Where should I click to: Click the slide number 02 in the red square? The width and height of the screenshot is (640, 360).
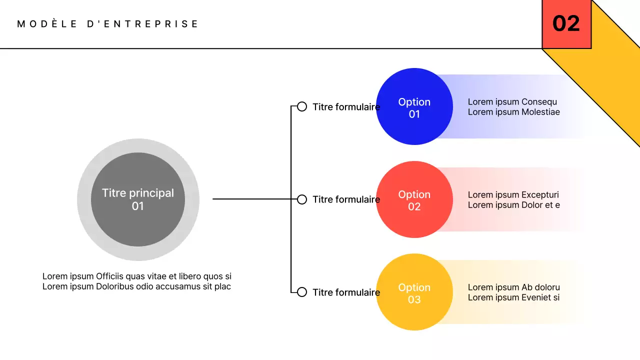coord(566,23)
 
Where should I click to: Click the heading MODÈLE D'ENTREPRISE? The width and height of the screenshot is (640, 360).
coord(108,24)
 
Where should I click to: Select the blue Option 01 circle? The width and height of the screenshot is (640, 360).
coord(414,107)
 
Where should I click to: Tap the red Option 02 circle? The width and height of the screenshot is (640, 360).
coord(414,199)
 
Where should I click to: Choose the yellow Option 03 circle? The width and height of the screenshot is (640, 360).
coord(414,292)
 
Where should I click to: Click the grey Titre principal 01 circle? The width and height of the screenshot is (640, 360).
coord(138,199)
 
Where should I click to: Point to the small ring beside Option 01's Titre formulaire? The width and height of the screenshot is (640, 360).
coord(302,106)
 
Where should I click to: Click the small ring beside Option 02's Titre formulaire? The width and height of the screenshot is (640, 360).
coord(302,199)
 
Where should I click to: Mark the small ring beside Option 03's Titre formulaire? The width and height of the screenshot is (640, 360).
coord(302,292)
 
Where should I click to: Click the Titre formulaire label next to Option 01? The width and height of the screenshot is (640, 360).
coord(346,107)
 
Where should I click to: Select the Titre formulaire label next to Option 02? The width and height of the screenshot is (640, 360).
coord(346,199)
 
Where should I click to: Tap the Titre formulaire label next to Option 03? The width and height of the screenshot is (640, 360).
coord(346,292)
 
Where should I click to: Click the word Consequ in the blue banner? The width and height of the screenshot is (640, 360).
coord(539,102)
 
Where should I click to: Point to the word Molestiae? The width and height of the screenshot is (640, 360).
coord(540,112)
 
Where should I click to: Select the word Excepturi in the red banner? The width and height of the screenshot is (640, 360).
coord(540,195)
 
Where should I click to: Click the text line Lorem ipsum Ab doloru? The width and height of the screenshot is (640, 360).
coord(513,287)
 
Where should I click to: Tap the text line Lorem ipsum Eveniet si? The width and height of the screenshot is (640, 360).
coord(513,297)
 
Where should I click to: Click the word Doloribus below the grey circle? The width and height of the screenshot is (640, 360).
coord(114,286)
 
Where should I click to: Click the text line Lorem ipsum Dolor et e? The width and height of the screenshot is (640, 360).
coord(513,205)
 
